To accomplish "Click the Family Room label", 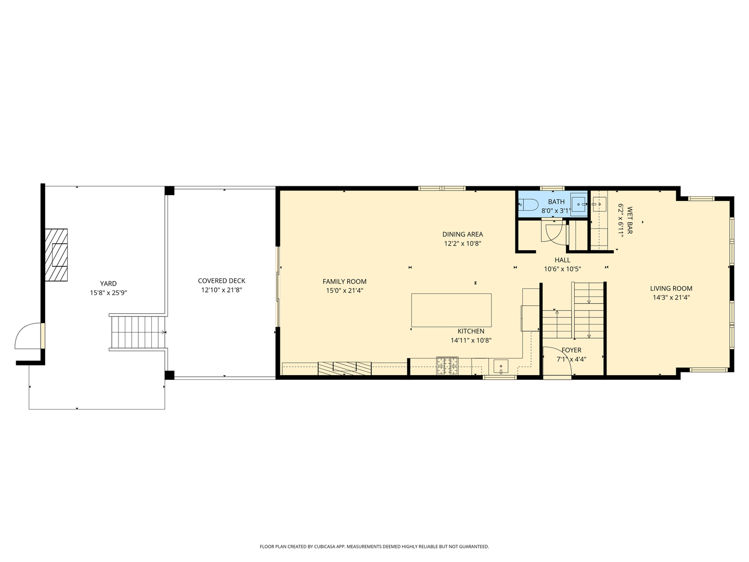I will click(x=344, y=282).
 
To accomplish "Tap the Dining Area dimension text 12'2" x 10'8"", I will click(x=462, y=244).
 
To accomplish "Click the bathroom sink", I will click(x=578, y=202).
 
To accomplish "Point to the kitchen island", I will click(x=451, y=310).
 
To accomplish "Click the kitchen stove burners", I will click(x=447, y=366).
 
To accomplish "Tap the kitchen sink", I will click(x=500, y=367).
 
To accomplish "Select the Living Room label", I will click(x=671, y=288).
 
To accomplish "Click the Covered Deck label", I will click(x=222, y=281).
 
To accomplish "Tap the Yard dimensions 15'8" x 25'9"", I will click(x=108, y=293).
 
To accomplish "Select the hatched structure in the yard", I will click(x=56, y=255).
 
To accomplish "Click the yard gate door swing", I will click(x=28, y=336).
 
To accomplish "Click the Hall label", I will click(x=562, y=260).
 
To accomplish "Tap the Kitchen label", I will click(x=471, y=331).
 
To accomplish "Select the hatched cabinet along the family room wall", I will click(x=345, y=368).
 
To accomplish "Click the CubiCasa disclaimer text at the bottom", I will click(x=374, y=546).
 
